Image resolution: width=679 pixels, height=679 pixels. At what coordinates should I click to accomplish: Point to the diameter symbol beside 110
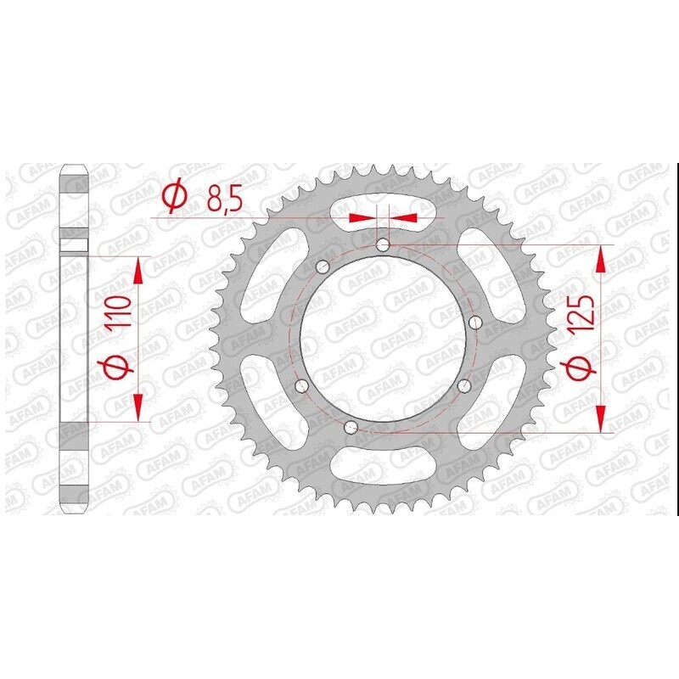[118, 369]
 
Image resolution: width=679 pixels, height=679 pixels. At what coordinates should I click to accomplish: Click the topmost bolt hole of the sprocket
[382, 245]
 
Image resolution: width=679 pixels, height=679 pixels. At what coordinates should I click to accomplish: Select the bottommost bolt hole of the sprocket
[351, 426]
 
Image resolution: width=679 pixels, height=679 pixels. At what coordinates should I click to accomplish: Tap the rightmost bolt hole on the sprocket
[474, 322]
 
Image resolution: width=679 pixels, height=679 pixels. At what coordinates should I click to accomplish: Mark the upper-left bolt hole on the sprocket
[322, 268]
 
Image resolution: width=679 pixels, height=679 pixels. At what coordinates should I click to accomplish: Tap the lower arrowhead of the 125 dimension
[602, 418]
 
